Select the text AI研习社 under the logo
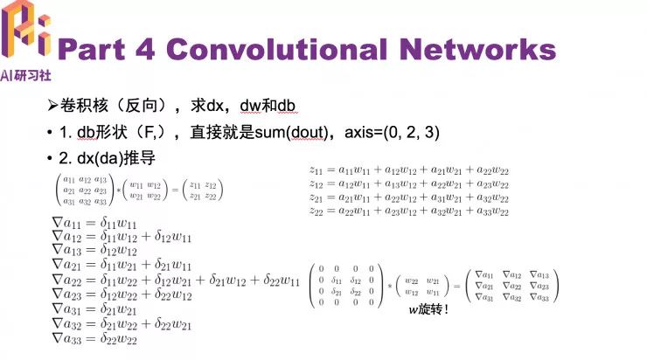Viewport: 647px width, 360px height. [26, 74]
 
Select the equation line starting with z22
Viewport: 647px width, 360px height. [409, 211]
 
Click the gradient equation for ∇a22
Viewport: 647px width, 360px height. [175, 280]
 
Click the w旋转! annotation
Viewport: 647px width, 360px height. [428, 309]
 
